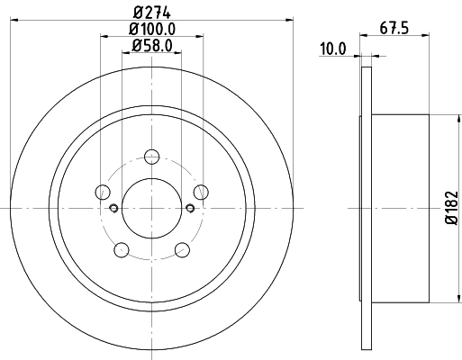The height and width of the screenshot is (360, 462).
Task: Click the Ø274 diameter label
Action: [x=151, y=12]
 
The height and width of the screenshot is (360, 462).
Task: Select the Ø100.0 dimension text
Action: [x=151, y=28]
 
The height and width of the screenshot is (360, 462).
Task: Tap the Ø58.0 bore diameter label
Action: [x=151, y=44]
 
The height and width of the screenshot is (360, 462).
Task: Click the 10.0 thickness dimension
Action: [x=332, y=49]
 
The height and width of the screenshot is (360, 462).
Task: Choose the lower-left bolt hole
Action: [x=121, y=249]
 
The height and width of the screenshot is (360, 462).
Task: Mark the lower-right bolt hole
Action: [x=182, y=249]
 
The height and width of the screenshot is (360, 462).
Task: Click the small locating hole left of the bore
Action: [x=113, y=209]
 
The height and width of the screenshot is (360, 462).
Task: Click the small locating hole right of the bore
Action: [x=189, y=209]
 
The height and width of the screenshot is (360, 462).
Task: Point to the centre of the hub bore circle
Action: [x=151, y=209]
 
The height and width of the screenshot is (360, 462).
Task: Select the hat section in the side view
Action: [x=400, y=209]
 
